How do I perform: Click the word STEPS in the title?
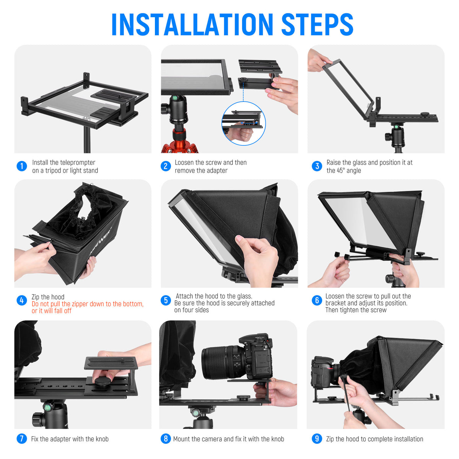(x=317, y=25)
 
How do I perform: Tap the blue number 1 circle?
(x=22, y=166)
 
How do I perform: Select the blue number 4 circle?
(x=22, y=300)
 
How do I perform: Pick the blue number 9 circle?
(x=317, y=439)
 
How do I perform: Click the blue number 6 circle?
(x=317, y=300)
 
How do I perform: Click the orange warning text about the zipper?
(x=87, y=307)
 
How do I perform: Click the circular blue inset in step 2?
(x=244, y=123)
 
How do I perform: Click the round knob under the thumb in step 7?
(x=102, y=381)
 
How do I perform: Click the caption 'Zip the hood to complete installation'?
(x=374, y=439)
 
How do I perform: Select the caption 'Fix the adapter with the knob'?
(x=70, y=439)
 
